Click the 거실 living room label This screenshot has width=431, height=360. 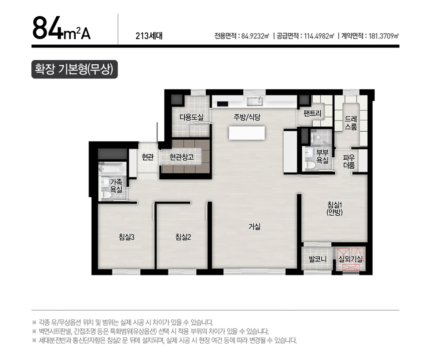click(254, 227)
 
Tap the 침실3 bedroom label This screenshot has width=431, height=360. click(127, 237)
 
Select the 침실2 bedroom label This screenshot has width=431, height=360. click(183, 237)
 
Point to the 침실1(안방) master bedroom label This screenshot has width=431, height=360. click(335, 208)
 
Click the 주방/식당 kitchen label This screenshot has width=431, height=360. click(247, 117)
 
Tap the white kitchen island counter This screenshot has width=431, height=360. click(247, 133)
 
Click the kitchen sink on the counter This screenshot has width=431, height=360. click(255, 102)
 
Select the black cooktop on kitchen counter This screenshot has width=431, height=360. click(223, 104)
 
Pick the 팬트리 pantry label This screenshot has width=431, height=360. click(312, 113)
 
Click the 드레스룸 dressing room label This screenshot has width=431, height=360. click(351, 123)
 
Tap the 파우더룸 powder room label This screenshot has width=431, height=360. click(349, 162)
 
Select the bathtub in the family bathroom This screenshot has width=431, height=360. click(112, 168)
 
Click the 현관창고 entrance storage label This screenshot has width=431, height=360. click(182, 157)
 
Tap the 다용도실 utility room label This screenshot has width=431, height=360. click(191, 117)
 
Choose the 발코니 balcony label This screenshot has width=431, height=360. click(317, 259)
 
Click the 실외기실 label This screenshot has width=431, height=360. click(350, 259)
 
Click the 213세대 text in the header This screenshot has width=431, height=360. click(149, 36)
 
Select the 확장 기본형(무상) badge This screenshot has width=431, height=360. click(74, 69)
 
